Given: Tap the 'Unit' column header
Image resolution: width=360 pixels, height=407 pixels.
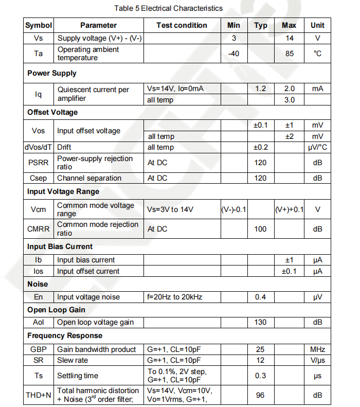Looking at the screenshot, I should [x=317, y=25].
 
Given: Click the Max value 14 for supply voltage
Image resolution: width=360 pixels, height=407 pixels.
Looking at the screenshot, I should [x=289, y=39].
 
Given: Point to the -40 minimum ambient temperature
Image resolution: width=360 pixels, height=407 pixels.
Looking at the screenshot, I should [x=233, y=54].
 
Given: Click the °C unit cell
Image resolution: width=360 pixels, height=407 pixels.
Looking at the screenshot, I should [x=317, y=54].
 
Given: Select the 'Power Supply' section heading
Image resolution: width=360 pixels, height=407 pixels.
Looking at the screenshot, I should [x=52, y=73].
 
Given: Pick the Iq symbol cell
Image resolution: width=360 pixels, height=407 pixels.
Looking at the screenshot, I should [x=39, y=94].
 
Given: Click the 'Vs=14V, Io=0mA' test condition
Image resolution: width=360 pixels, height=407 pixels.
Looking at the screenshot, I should [x=175, y=89].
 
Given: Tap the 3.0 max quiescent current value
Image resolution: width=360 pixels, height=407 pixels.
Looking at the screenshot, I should [x=289, y=100].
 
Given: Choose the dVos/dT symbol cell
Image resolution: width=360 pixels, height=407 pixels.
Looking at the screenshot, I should [x=39, y=148].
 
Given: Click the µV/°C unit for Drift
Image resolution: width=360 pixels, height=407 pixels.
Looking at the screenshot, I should [x=317, y=148].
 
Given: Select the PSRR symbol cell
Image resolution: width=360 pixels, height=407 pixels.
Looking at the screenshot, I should [x=39, y=163].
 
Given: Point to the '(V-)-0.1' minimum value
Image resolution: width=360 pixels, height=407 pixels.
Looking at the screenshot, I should [x=233, y=210].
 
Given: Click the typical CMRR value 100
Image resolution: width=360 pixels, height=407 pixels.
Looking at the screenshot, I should [x=261, y=228].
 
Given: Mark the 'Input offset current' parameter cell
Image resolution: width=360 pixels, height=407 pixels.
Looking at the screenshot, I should [x=88, y=271].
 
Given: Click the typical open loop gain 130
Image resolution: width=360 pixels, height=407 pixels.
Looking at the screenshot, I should [x=261, y=322].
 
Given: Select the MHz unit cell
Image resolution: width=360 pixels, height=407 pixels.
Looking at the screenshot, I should [x=317, y=349].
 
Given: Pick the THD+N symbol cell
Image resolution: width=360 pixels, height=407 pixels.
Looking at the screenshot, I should [x=39, y=395].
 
